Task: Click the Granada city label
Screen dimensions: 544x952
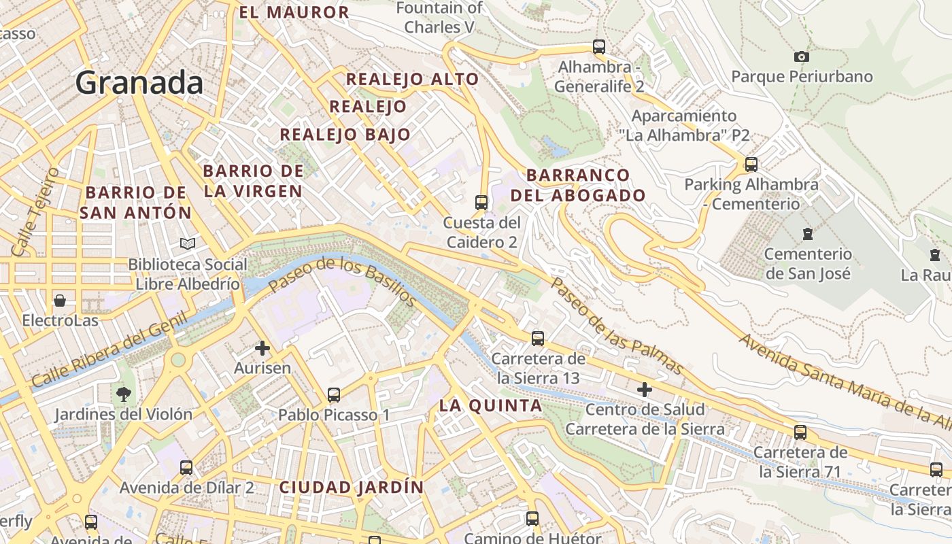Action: [x=139, y=83]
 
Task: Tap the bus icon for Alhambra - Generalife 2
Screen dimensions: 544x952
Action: [x=598, y=47]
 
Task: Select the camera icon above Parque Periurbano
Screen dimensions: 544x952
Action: [x=802, y=56]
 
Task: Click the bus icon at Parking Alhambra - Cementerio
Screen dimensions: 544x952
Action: [x=751, y=164]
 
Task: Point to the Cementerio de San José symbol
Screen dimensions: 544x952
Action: [x=807, y=234]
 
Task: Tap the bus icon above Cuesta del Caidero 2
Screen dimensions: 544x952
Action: [x=481, y=202]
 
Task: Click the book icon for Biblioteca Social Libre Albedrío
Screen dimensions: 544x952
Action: [x=187, y=243]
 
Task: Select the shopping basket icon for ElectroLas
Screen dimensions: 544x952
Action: [x=60, y=300]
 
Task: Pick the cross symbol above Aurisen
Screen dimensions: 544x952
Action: [x=262, y=348]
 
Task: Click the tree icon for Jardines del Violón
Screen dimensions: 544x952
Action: [x=123, y=393]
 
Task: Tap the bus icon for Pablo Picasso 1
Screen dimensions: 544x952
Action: [x=333, y=394]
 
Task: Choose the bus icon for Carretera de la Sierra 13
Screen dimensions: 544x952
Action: [x=537, y=338]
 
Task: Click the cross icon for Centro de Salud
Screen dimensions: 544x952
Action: [x=644, y=390]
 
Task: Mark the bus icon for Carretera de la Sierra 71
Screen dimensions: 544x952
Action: [x=800, y=432]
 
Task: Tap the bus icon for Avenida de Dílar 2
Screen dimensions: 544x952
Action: [x=186, y=467]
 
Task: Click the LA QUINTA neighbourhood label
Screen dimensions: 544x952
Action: [x=490, y=406]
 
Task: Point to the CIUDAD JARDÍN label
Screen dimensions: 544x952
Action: [x=351, y=487]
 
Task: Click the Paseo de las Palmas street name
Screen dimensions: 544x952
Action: [x=615, y=326]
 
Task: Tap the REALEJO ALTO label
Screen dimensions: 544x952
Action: [x=412, y=79]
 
